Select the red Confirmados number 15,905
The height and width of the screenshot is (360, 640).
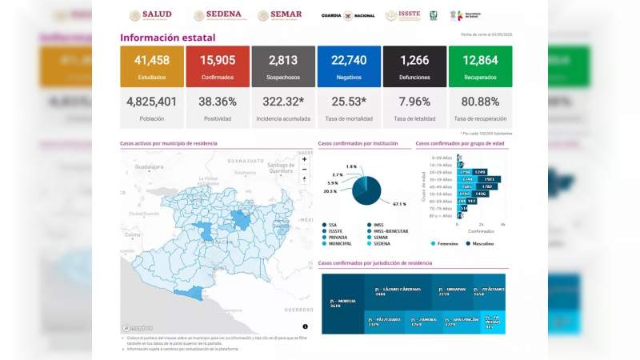[217, 62]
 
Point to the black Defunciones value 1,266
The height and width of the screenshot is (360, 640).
[414, 62]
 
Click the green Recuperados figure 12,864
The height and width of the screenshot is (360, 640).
[480, 62]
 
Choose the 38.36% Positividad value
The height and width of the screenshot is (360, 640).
[217, 102]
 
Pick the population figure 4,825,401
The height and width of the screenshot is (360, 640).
[151, 102]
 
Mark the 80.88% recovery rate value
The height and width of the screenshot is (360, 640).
[480, 102]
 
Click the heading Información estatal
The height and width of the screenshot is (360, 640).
[167, 38]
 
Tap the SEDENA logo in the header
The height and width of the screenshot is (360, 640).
[217, 15]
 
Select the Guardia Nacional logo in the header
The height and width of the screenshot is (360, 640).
[348, 15]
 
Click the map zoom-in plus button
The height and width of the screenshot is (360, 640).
[304, 159]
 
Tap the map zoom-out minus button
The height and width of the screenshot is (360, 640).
[304, 170]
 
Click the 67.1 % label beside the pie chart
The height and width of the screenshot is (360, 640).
[399, 204]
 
